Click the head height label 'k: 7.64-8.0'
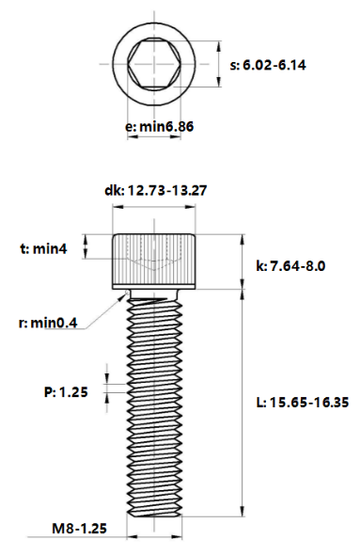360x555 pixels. [x=290, y=266]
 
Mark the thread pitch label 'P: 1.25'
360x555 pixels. [x=65, y=392]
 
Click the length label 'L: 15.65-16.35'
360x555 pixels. [x=303, y=402]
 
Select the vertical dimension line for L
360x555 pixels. [x=243, y=404]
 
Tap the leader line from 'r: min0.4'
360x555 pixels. [x=103, y=311]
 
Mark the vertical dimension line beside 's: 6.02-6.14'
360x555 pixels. [x=218, y=65]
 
